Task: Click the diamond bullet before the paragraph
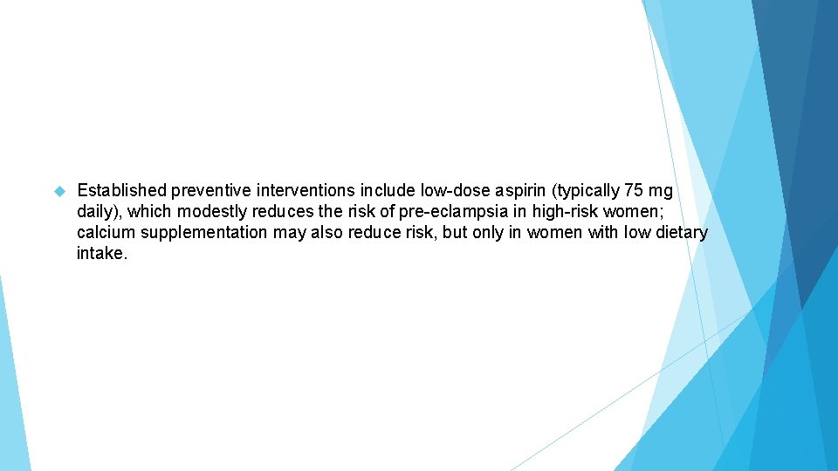pyautogui.click(x=60, y=190)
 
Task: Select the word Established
pyautogui.click(x=122, y=190)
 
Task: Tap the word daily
pyautogui.click(x=98, y=212)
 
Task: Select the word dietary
pyautogui.click(x=680, y=233)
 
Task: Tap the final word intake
pyautogui.click(x=101, y=254)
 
